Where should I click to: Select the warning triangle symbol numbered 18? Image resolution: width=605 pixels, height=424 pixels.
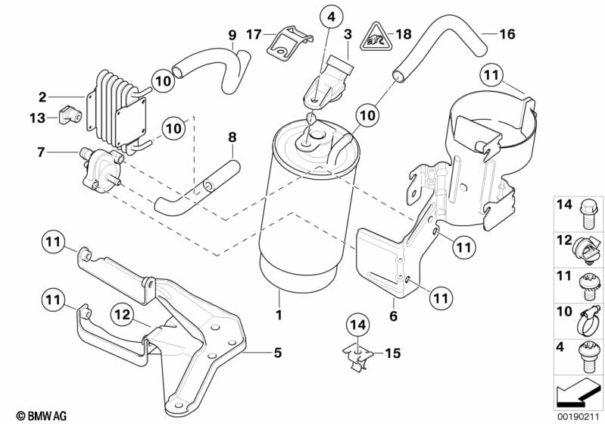point(372,35)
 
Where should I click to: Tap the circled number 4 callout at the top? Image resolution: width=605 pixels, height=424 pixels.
point(331,14)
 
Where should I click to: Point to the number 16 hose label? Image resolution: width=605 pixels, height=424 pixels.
point(507,34)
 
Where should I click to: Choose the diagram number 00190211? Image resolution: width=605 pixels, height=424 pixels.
point(576,415)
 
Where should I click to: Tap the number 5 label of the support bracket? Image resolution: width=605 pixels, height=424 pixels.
point(277,352)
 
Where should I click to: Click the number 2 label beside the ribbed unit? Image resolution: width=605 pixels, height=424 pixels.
point(42,97)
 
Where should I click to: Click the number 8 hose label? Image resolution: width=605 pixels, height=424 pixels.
point(232,137)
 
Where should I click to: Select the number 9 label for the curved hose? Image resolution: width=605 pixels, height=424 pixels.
point(232,34)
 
